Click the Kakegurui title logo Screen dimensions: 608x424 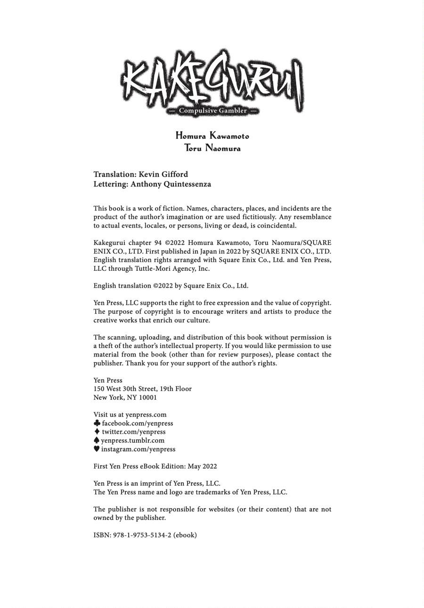coord(212,78)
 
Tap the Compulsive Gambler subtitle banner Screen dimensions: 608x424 coord(212,111)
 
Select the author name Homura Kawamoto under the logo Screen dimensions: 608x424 coord(212,136)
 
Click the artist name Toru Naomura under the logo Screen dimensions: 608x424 coord(212,148)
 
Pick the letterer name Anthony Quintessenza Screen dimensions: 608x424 coord(171,184)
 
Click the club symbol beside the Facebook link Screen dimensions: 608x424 coord(97,423)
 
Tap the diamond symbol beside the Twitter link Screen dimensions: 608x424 coord(97,431)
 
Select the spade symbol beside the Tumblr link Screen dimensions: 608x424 coord(97,440)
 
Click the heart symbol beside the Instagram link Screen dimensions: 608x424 coord(97,449)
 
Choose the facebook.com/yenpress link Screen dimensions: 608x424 coord(137,423)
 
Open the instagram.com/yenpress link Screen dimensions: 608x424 coord(138,449)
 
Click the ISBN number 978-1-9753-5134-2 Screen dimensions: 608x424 coord(142,535)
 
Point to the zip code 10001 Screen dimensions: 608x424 coord(148,397)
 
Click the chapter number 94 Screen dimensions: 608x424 coord(157,243)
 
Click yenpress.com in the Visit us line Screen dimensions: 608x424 coord(146,415)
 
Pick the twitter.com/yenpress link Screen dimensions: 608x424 coord(133,432)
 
